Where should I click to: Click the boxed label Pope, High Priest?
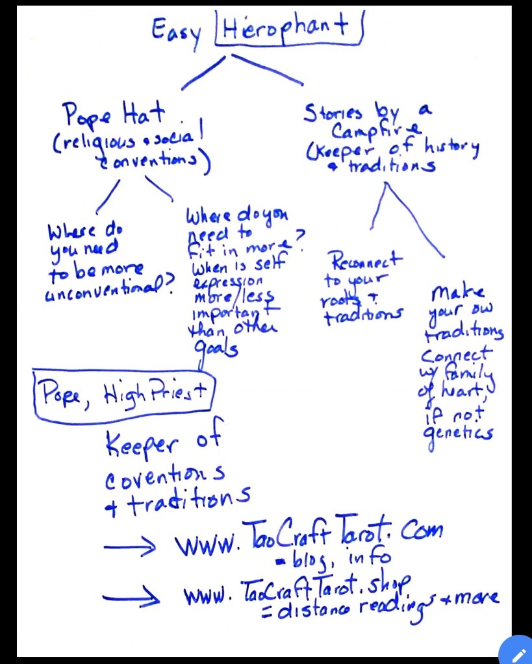point(123,392)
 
